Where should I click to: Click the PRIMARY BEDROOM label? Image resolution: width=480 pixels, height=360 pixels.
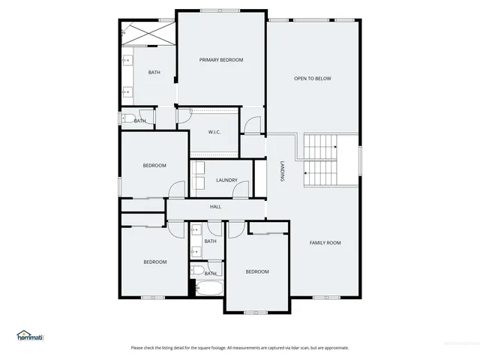(221, 60)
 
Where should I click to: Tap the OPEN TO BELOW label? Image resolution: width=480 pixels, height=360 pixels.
(312, 79)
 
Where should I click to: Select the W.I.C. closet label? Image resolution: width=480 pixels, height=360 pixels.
(213, 133)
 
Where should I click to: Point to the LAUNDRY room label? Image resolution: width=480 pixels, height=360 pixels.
(226, 180)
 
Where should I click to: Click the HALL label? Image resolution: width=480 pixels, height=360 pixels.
(215, 207)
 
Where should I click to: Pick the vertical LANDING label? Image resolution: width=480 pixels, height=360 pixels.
(282, 172)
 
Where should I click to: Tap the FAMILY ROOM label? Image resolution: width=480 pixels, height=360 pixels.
(325, 242)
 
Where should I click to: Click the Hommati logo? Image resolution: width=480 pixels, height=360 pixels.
(30, 336)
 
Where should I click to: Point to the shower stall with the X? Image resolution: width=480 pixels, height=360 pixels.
(148, 33)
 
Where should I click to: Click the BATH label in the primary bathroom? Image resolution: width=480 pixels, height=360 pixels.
(154, 73)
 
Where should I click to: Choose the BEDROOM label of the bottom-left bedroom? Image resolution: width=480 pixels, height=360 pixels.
(155, 262)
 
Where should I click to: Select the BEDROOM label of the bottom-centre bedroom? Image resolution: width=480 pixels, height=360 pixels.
(257, 271)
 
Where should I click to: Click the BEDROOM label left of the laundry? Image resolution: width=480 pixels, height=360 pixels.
(154, 165)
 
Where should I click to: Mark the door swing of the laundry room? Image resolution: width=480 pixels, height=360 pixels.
(241, 189)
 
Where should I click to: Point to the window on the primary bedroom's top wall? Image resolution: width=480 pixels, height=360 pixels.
(221, 10)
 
